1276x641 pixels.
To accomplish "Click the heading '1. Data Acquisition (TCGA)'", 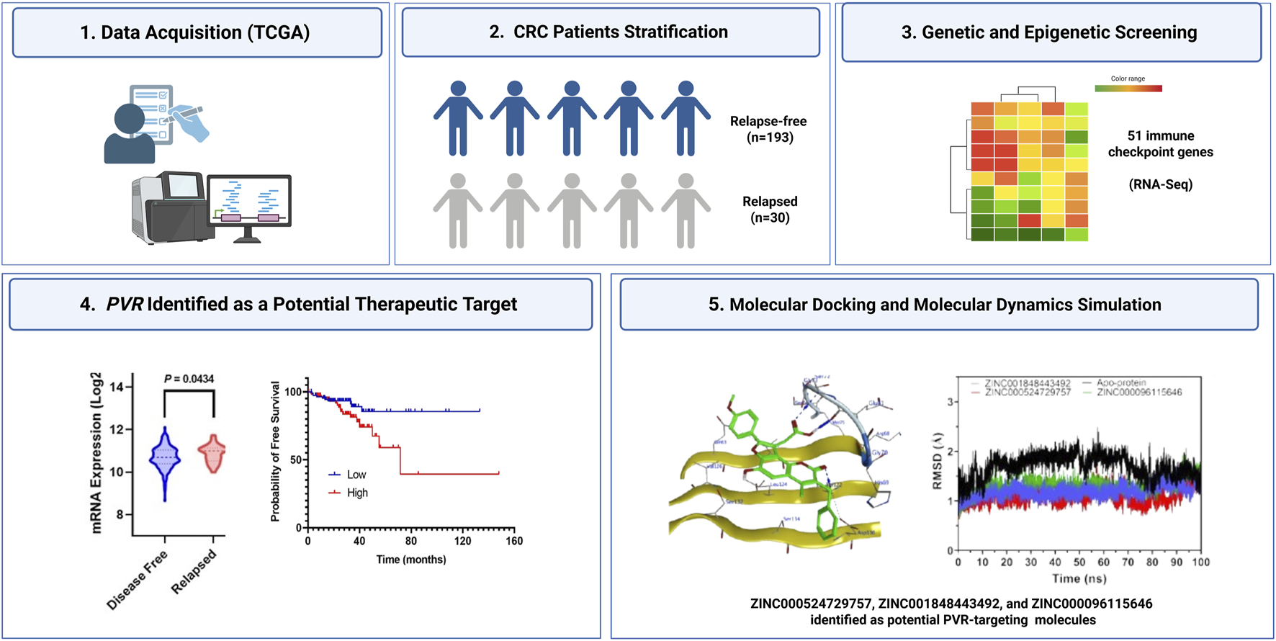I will coord(195,33).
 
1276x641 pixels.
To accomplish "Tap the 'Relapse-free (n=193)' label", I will coord(768,130).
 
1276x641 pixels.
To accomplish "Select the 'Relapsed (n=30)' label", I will coord(770,210).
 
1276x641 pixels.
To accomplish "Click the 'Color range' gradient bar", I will coord(1128,89).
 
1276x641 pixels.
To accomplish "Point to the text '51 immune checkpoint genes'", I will coord(1160,144).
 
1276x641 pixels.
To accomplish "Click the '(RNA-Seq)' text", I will coord(1160,184).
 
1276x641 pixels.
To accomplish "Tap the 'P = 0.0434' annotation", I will coord(189,379).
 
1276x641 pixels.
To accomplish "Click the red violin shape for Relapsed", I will coord(213,454).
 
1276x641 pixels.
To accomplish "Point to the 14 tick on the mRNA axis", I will coord(118,387).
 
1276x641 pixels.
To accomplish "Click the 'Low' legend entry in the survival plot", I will coord(356,475).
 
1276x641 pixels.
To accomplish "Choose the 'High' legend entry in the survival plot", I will coord(357,493).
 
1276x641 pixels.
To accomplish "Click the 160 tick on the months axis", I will coord(513,541).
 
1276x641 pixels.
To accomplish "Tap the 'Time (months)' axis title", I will coord(410,560).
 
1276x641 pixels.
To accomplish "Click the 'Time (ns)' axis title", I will coord(1079,578).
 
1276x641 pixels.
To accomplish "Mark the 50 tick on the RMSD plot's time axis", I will coord(1079,562).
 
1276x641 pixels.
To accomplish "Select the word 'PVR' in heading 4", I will coord(125,305).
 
